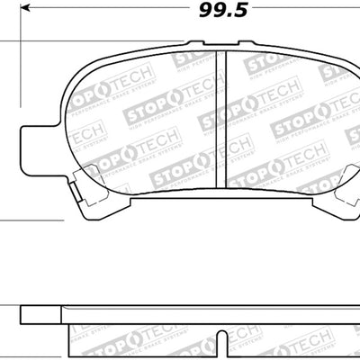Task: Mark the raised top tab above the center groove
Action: (221, 44)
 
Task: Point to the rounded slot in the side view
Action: (221, 322)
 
